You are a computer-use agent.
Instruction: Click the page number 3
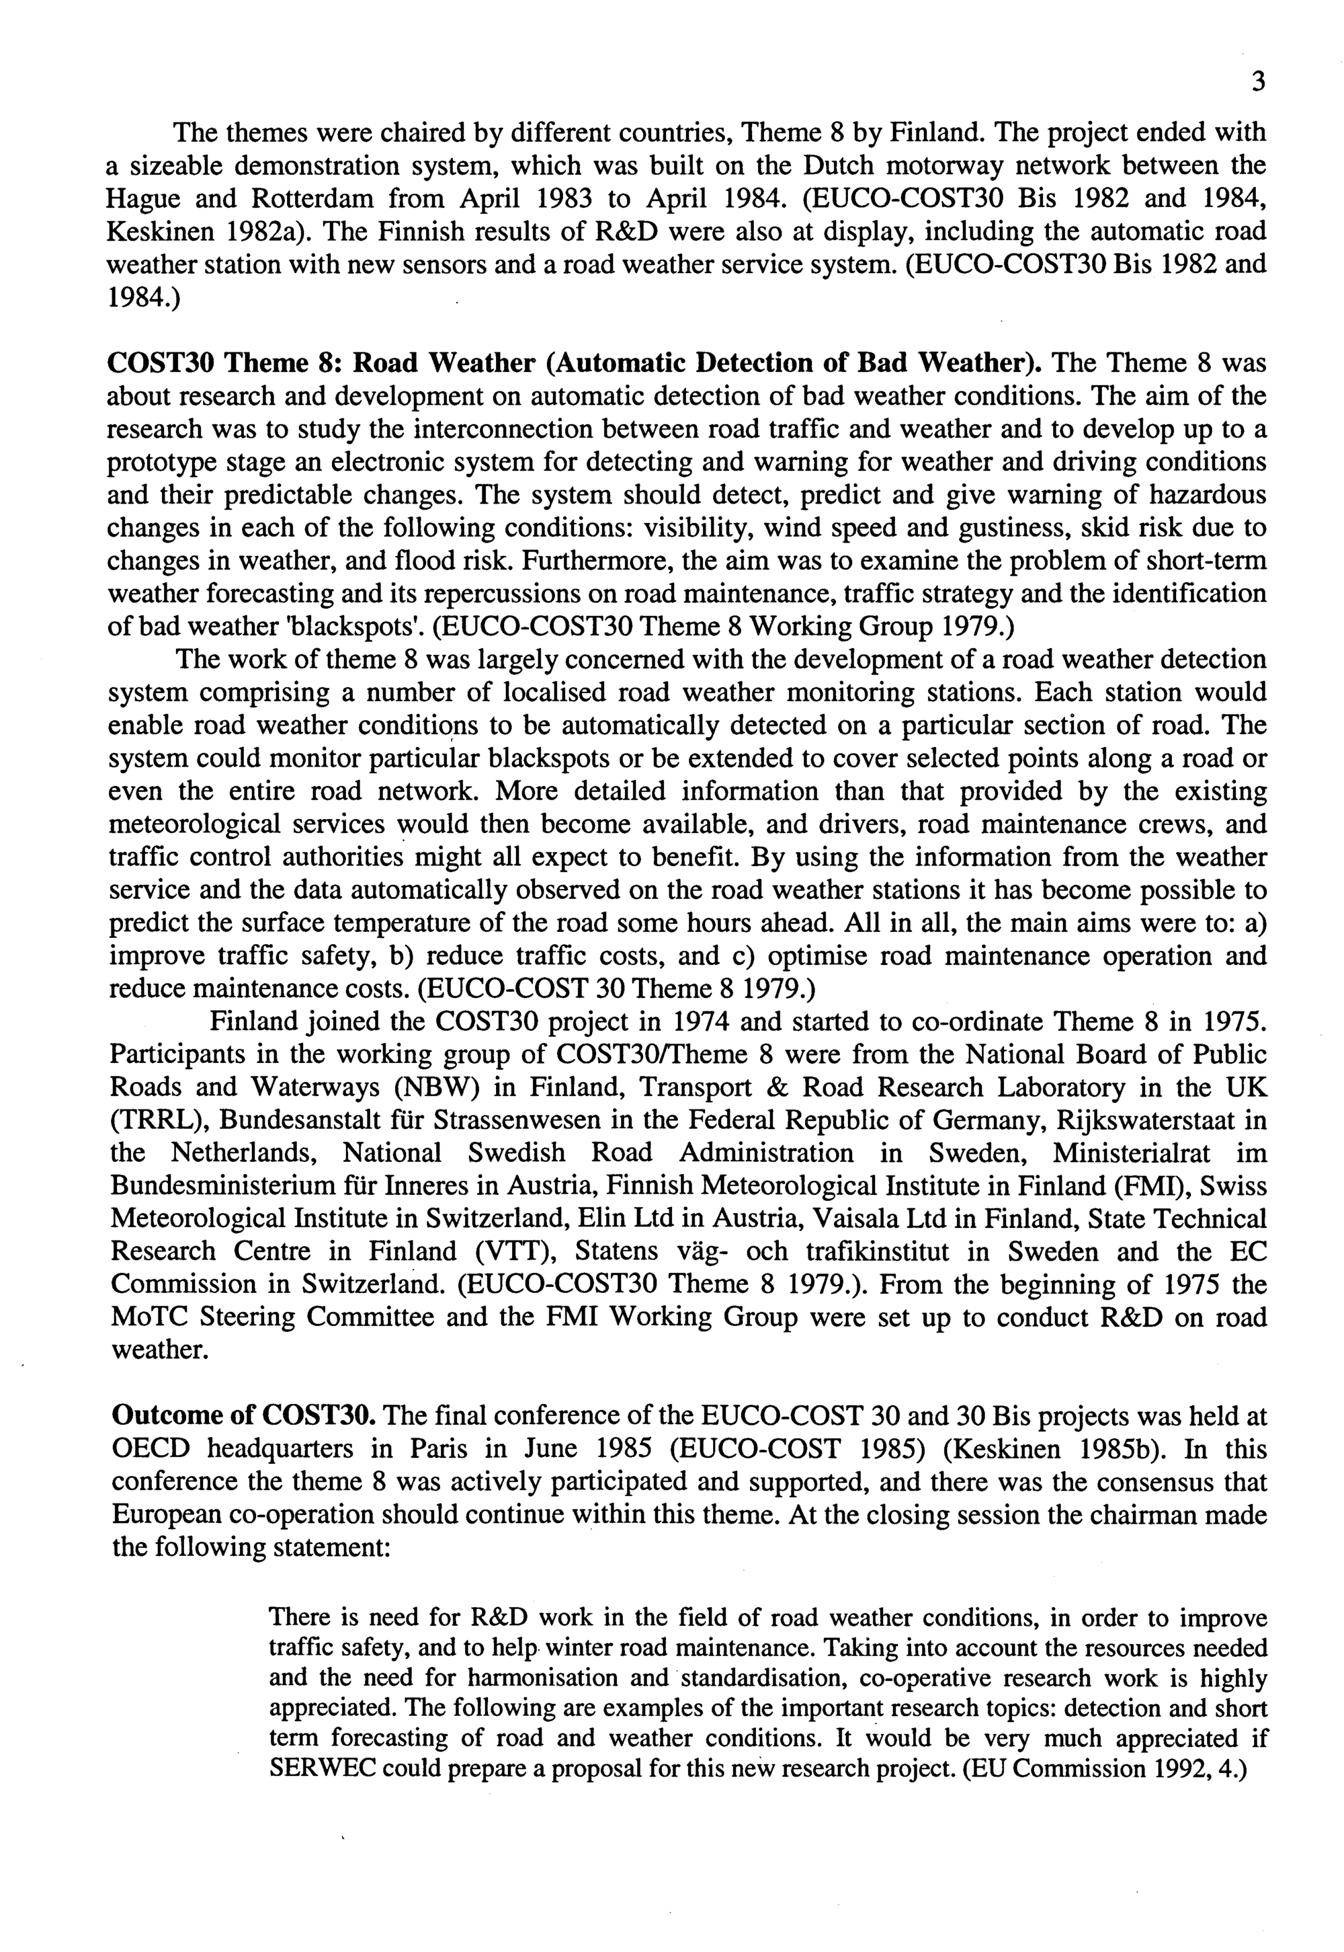[x=1258, y=82]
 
